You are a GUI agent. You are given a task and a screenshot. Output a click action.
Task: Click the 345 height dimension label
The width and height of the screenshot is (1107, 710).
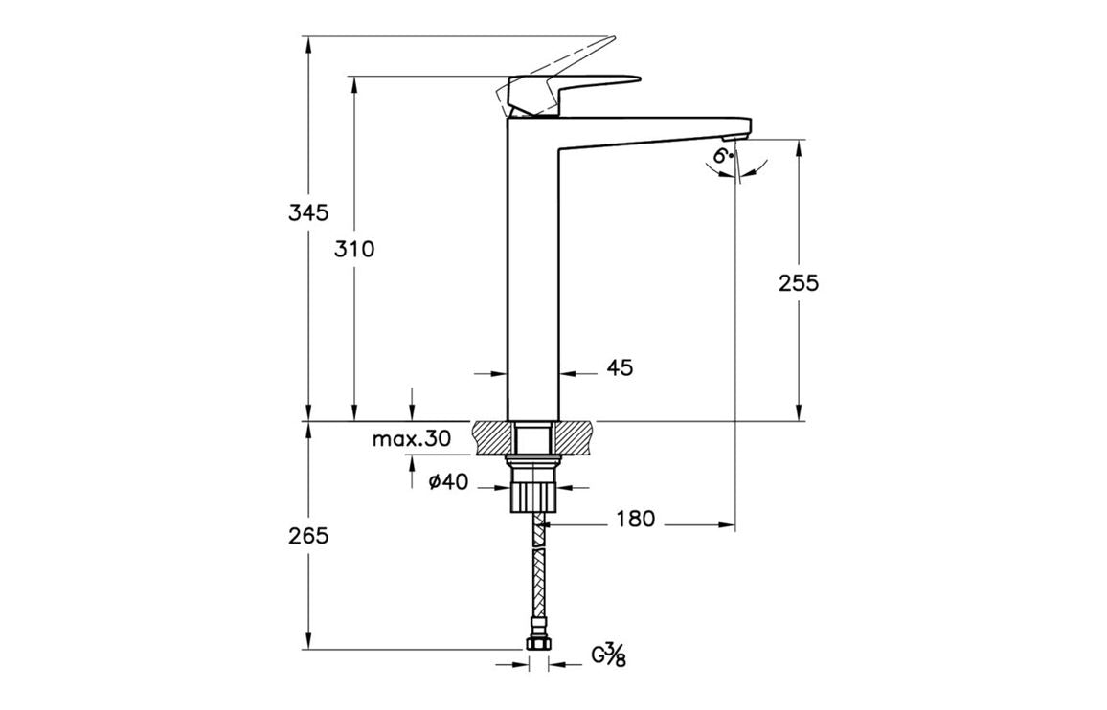coord(308,211)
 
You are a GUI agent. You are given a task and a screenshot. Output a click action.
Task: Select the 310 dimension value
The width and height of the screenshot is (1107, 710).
coord(354,249)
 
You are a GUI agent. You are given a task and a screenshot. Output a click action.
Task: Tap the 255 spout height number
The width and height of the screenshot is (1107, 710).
coord(799,282)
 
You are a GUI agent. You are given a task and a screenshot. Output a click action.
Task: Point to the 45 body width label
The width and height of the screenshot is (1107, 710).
coord(620,366)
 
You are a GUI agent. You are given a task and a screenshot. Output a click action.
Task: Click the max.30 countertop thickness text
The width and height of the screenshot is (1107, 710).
coord(411,439)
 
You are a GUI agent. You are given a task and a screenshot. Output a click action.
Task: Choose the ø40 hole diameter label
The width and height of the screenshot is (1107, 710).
coord(447,483)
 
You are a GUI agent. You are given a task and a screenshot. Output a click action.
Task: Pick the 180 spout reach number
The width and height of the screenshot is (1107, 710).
coord(635,519)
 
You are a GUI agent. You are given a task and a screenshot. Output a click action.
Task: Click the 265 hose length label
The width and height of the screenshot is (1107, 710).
coord(308,535)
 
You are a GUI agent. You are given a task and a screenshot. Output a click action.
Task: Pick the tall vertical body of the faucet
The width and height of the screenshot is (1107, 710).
coord(531,287)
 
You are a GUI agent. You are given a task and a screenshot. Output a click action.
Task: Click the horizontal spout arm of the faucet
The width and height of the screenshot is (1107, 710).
coord(651,130)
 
